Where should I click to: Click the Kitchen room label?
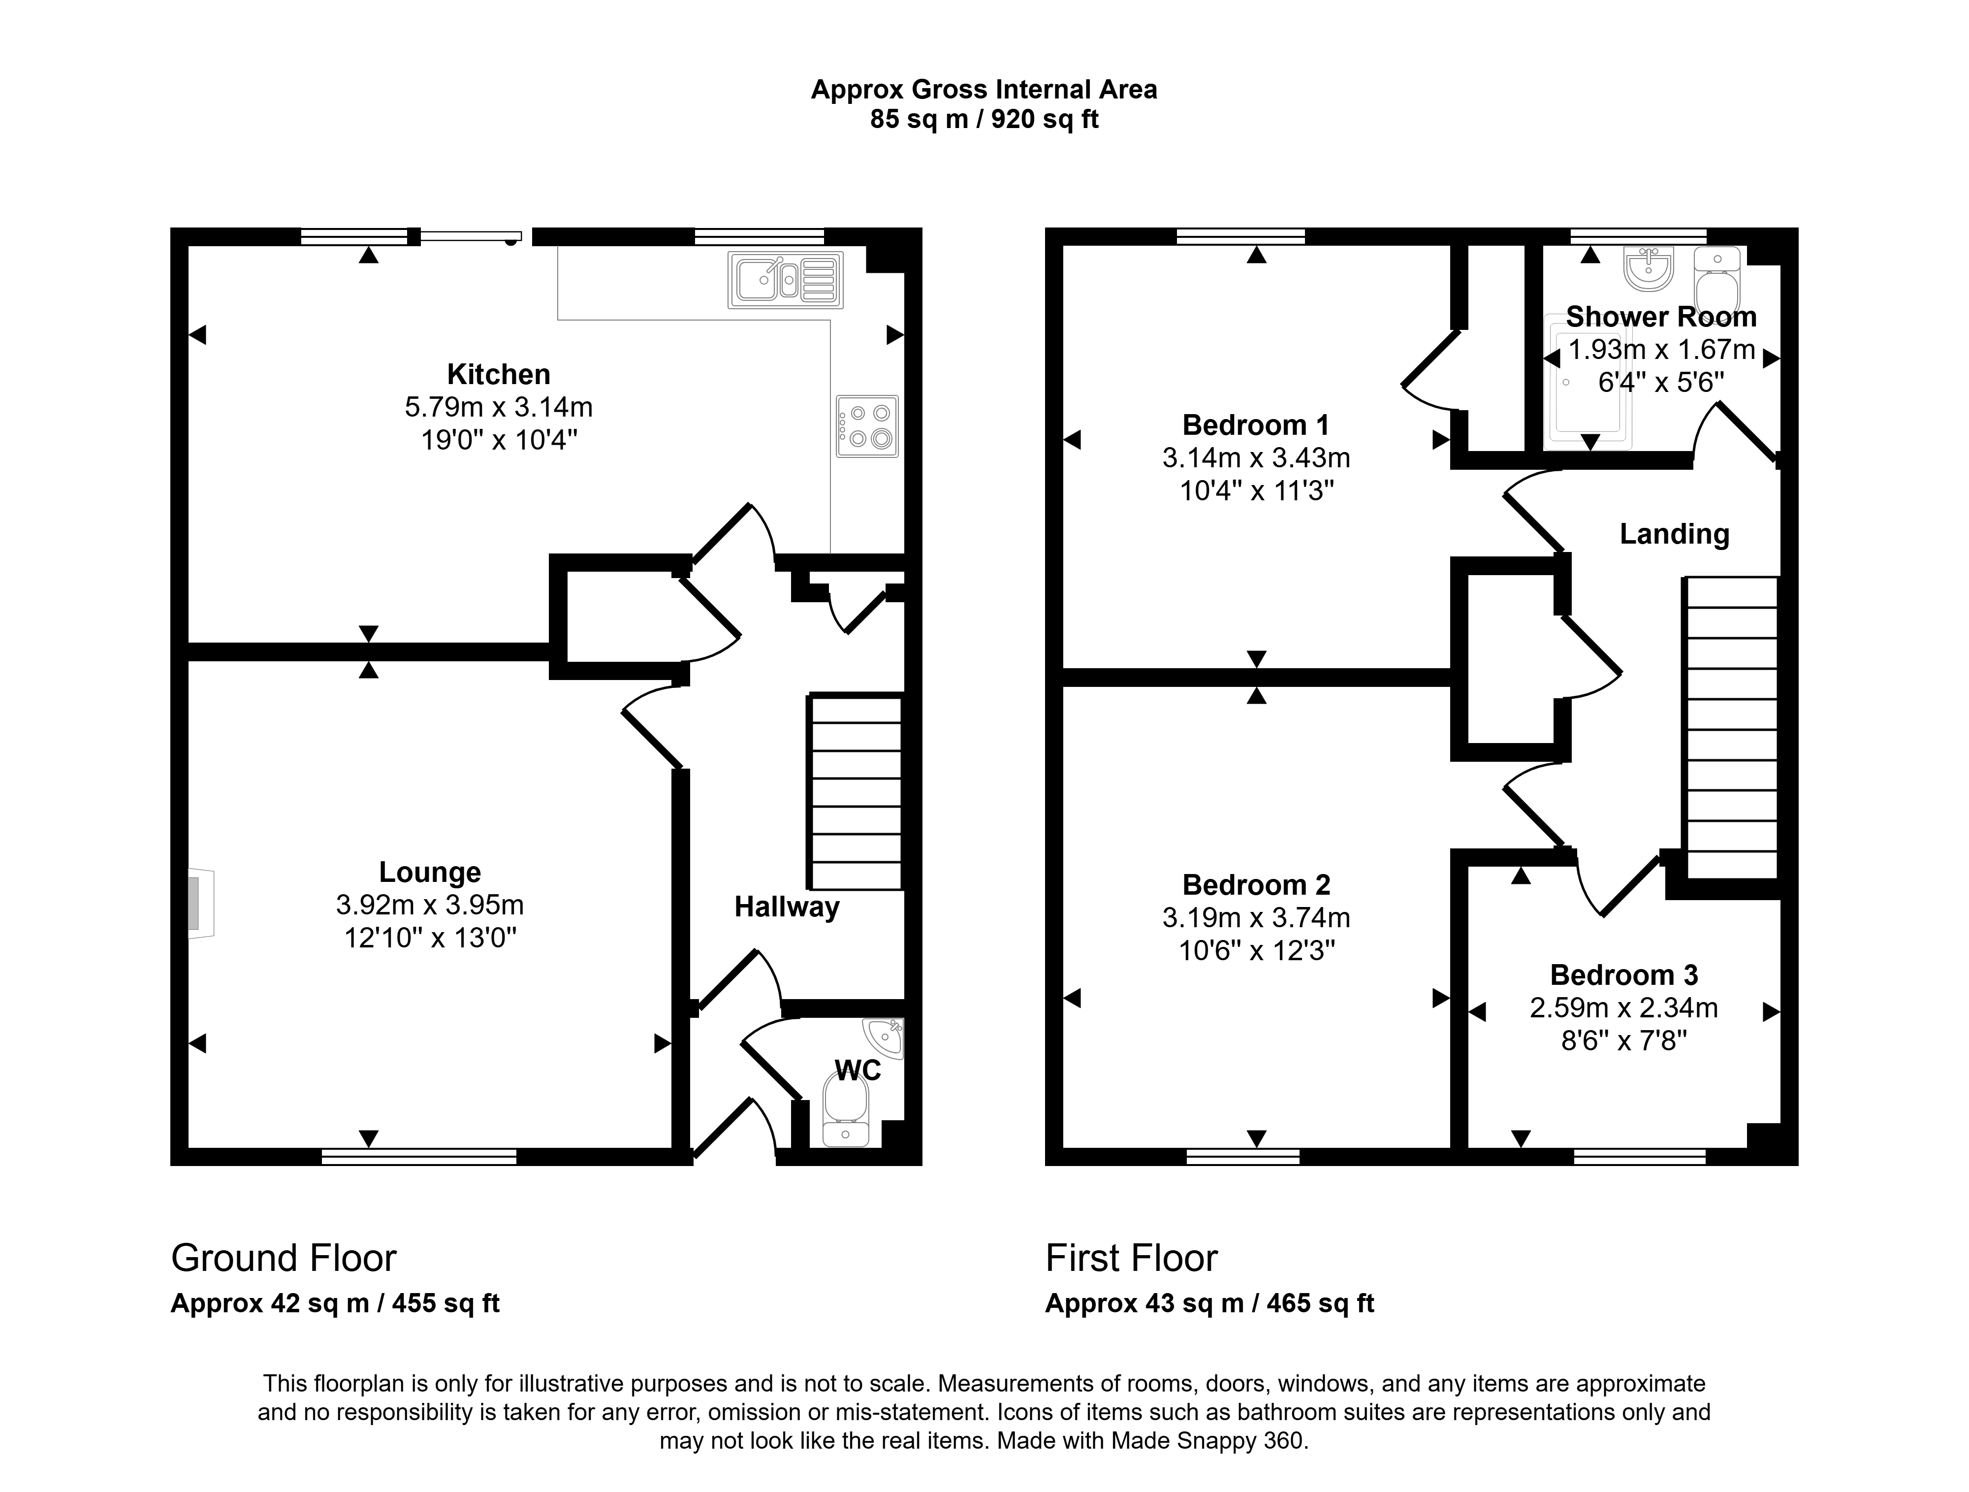point(499,374)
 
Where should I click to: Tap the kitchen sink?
point(785,280)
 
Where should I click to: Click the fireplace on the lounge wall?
point(200,904)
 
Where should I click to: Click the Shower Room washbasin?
point(1649,269)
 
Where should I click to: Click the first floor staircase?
point(1730,728)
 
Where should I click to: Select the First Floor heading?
point(1131,1258)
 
